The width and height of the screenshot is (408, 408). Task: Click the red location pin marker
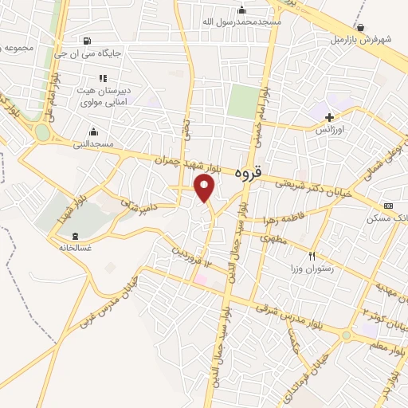[205, 188]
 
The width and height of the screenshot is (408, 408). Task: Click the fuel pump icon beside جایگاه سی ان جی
[86, 41]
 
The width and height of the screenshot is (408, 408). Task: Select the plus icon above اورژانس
[329, 116]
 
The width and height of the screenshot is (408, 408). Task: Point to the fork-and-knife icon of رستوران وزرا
[312, 257]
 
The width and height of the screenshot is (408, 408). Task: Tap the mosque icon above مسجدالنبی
[94, 132]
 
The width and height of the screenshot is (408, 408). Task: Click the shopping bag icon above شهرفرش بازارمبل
[361, 27]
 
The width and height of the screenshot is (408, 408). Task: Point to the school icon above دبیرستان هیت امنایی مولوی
[102, 78]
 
